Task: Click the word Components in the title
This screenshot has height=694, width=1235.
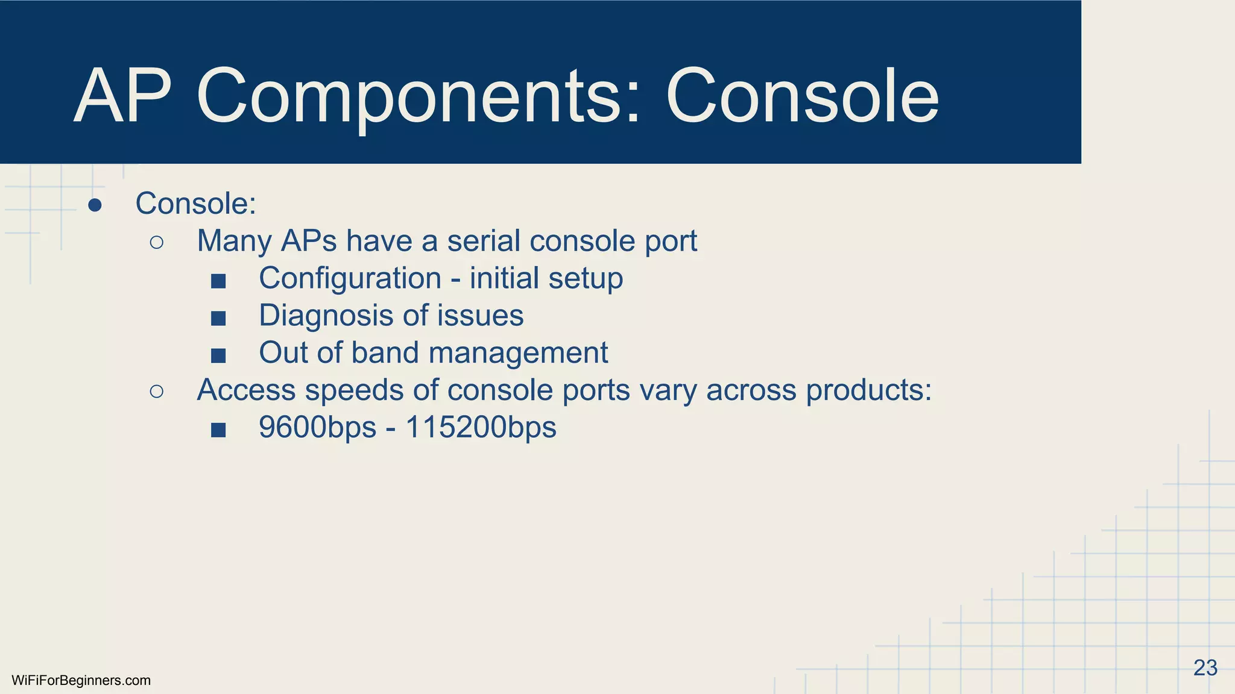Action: (410, 96)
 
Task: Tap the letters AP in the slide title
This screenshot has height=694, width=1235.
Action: (123, 96)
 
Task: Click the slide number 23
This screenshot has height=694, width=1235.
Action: (1205, 668)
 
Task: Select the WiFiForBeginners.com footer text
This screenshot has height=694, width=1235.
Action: (81, 681)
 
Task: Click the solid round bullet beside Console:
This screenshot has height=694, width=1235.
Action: (95, 205)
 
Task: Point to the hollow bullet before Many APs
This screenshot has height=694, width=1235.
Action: (156, 242)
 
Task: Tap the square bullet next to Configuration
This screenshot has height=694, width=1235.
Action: (218, 281)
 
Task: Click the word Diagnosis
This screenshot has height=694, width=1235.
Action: (326, 316)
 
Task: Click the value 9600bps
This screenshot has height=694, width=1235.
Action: (317, 428)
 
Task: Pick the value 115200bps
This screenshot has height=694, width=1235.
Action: (481, 428)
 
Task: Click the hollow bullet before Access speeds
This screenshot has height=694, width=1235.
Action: (156, 392)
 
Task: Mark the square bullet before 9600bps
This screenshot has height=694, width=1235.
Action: (218, 430)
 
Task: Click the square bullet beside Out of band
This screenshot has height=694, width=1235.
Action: (218, 355)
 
